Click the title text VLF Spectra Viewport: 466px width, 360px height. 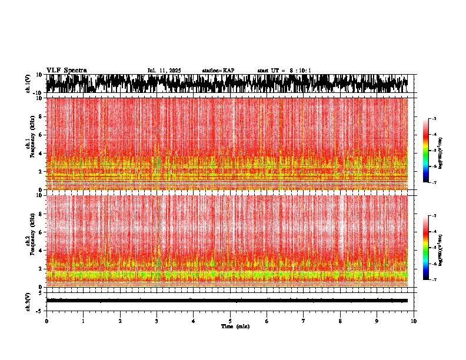66,71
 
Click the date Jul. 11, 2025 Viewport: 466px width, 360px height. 164,71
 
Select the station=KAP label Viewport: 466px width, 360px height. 218,71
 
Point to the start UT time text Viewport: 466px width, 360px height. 284,71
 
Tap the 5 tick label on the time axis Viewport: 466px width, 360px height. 230,321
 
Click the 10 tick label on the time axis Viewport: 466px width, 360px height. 414,321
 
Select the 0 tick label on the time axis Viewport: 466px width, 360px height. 46,321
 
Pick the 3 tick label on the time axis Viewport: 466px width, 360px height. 157,321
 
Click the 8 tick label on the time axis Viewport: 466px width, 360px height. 340,321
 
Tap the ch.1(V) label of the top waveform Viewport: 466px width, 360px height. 28,84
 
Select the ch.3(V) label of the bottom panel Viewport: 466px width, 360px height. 28,301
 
